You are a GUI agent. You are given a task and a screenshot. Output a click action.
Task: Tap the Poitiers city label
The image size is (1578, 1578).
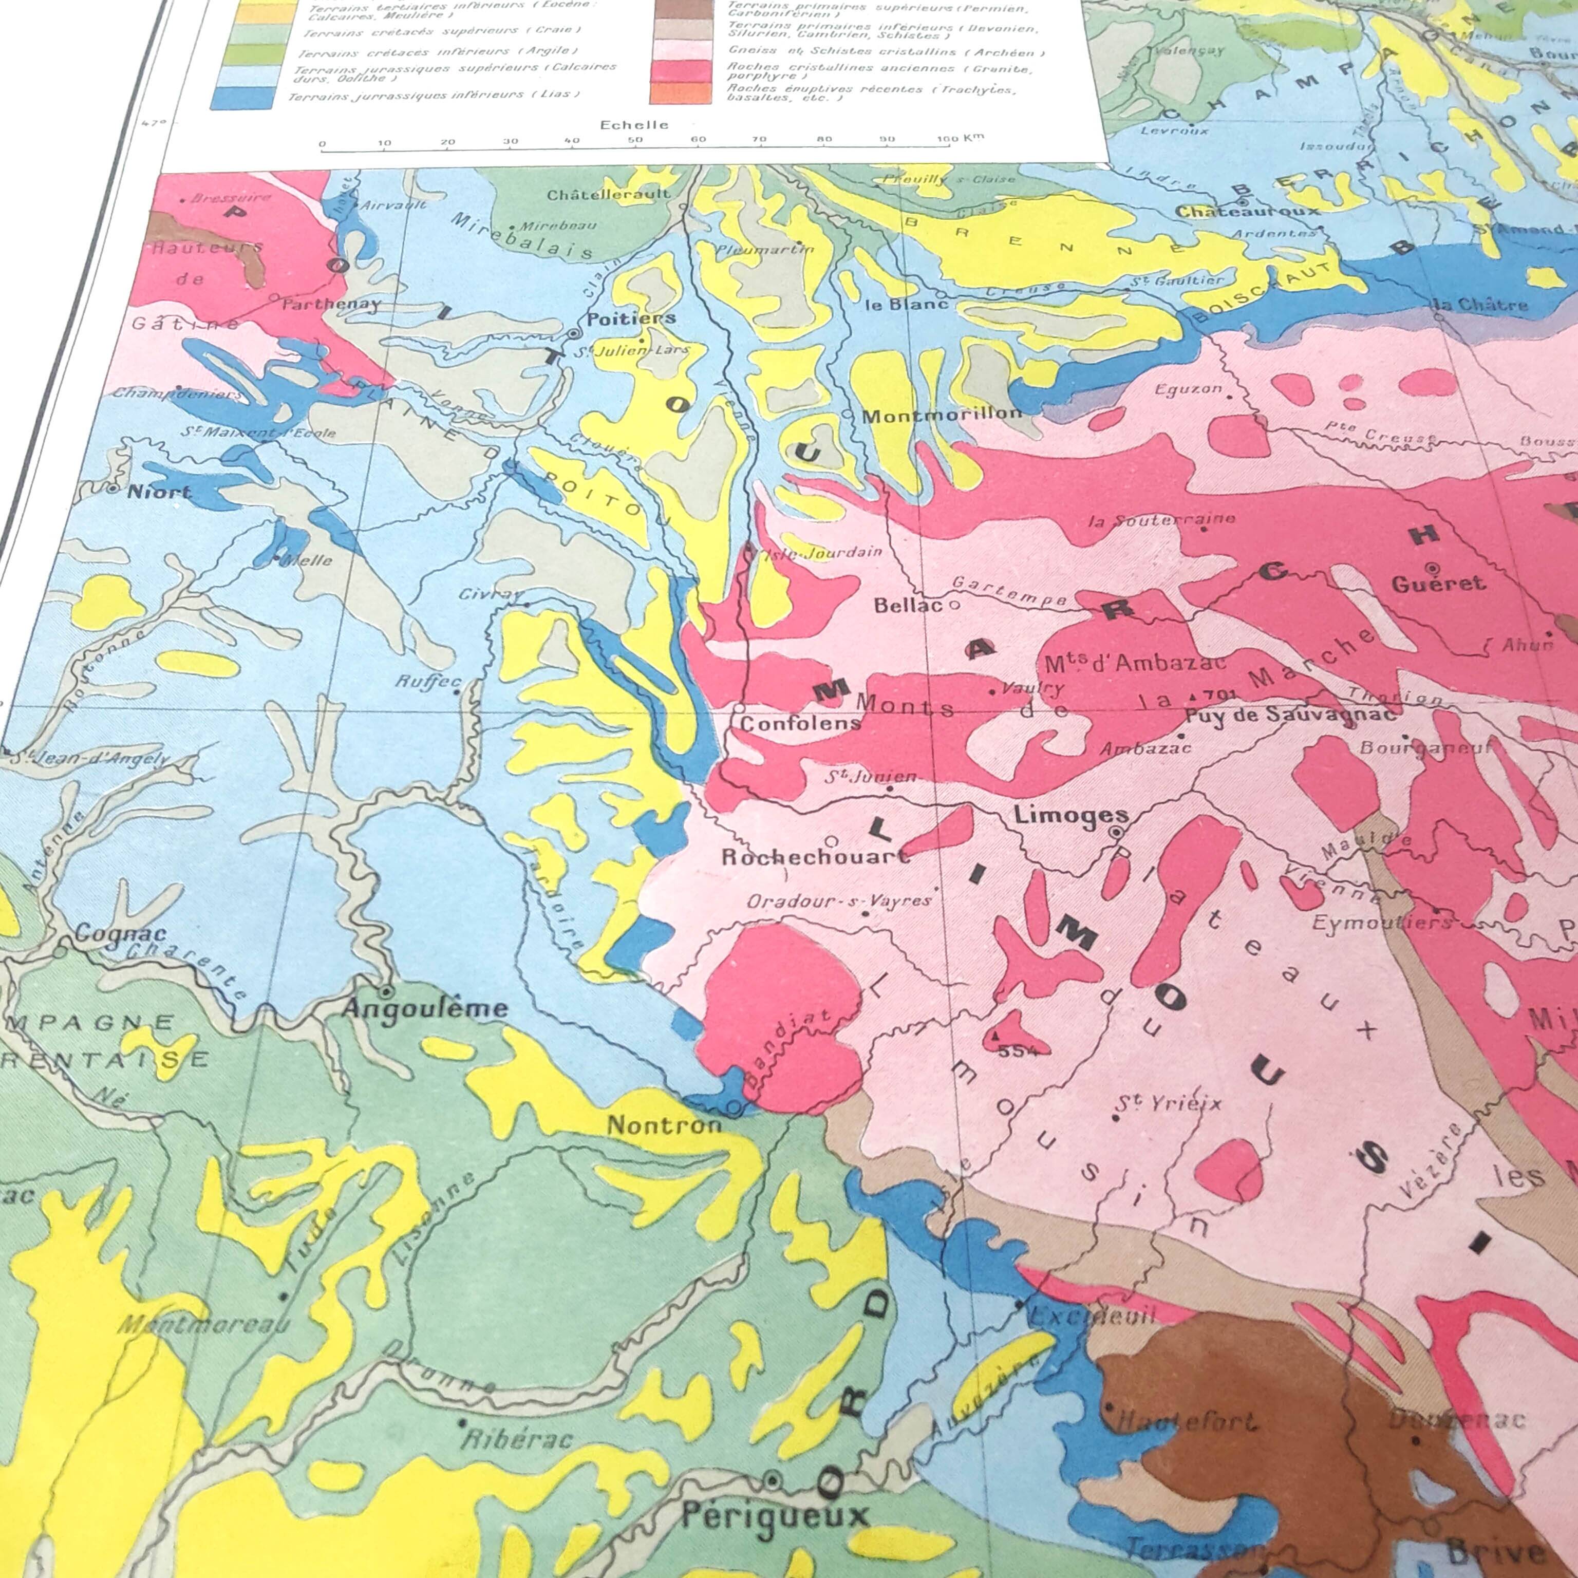click(x=631, y=318)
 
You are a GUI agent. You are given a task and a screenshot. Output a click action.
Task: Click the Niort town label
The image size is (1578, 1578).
click(x=159, y=492)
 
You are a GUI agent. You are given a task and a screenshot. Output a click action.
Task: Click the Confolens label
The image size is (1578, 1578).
click(x=800, y=724)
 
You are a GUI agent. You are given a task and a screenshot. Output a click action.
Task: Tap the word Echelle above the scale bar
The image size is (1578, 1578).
click(x=634, y=125)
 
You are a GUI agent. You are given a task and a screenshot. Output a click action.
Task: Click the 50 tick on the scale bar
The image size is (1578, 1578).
click(x=634, y=140)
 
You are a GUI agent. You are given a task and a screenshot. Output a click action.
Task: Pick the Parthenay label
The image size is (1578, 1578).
click(x=331, y=304)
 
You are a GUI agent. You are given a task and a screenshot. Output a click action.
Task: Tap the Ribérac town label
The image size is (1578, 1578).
click(x=517, y=1439)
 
